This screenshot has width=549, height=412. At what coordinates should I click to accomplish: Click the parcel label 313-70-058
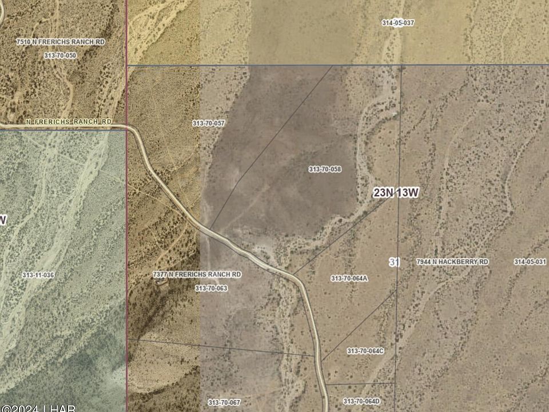click(x=325, y=169)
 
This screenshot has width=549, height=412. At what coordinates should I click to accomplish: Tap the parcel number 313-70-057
click(x=208, y=123)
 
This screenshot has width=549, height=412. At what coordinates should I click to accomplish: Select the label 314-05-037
click(x=398, y=23)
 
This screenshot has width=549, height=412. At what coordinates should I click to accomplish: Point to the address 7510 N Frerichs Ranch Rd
click(x=61, y=42)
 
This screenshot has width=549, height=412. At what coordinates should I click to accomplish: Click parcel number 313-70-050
click(x=60, y=55)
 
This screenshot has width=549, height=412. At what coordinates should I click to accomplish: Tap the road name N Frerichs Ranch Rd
click(x=69, y=122)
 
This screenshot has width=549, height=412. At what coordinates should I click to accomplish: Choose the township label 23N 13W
click(x=396, y=193)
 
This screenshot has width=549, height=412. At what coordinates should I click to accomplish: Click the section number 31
click(x=394, y=262)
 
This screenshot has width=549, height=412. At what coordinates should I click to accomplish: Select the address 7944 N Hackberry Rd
click(x=452, y=262)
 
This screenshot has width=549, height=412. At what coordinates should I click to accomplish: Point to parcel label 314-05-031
click(x=530, y=262)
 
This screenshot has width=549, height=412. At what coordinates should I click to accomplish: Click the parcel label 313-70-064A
click(x=349, y=279)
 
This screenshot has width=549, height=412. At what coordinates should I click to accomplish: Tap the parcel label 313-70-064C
click(x=365, y=351)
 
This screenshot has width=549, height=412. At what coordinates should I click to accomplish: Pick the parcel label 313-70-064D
click(x=361, y=401)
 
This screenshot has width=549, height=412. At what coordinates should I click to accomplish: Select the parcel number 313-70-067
click(x=224, y=402)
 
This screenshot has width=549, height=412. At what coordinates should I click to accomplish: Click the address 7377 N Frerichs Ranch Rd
click(x=197, y=275)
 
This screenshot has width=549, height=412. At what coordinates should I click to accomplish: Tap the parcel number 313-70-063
click(x=211, y=288)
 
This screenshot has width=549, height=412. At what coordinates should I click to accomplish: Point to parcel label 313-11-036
click(x=38, y=275)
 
